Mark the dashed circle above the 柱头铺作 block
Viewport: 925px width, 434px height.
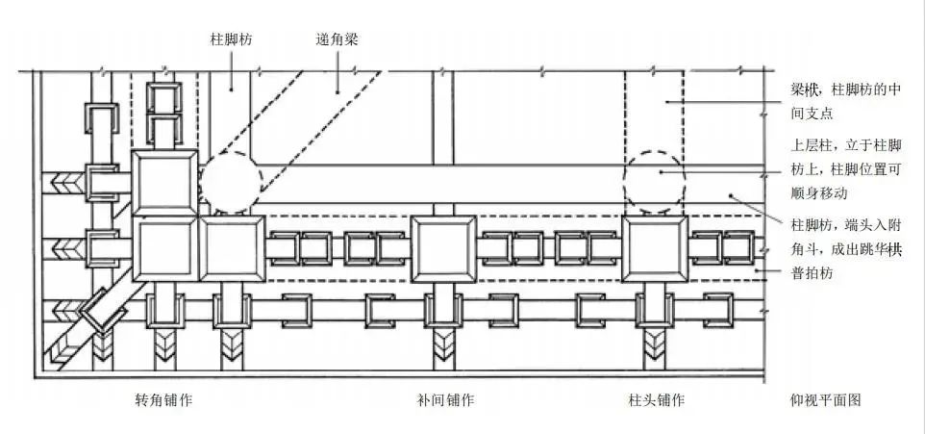tap(654, 179)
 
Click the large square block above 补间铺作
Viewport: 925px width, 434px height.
tap(443, 248)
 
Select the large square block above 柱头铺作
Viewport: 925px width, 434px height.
tap(655, 248)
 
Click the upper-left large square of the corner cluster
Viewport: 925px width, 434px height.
tap(164, 183)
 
